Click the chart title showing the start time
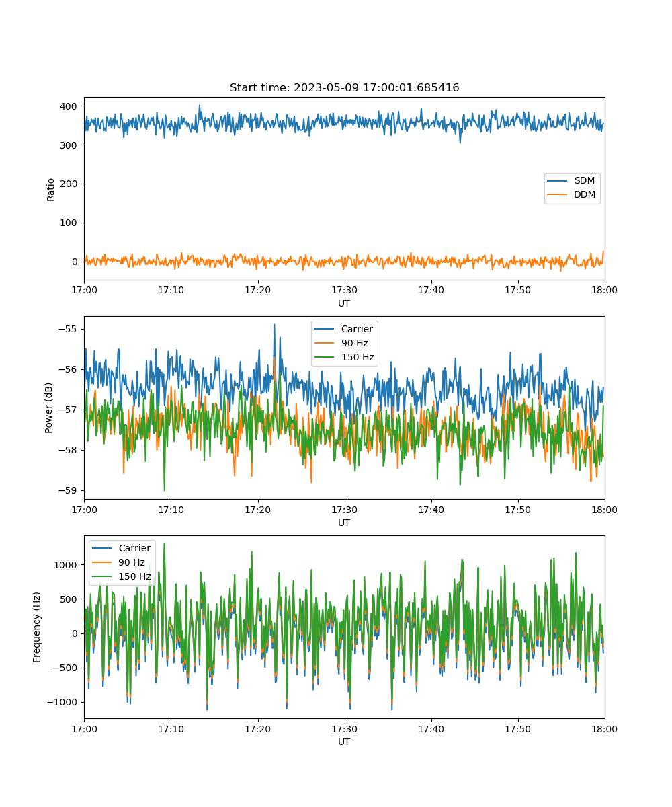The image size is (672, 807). pos(344,87)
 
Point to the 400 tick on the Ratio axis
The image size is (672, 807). pos(69,106)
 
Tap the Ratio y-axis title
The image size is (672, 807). pos(50,190)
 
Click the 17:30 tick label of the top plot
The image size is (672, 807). pos(344,290)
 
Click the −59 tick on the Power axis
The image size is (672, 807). pos(68,490)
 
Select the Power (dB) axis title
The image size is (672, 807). pos(48,408)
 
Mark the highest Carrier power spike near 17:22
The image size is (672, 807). pos(274,325)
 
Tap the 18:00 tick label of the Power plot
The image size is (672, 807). pos(604,510)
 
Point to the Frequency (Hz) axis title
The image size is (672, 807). pos(36,627)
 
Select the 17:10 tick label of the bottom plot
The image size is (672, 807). pos(171,729)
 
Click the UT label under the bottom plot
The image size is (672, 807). pos(343,742)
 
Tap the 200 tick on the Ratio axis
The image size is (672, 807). pos(69,184)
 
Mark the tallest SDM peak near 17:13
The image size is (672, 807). pos(200,105)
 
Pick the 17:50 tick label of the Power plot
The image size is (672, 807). pos(517,510)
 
